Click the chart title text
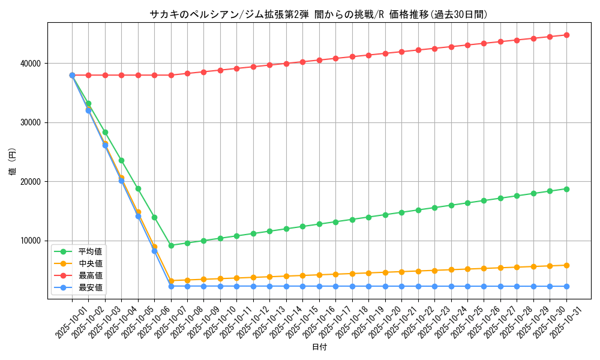coord(318,14)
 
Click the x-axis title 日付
coord(319,347)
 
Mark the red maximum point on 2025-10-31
coord(566,35)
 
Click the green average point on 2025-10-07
coord(171,245)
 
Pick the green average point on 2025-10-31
coord(566,189)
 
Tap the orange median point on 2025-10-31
coord(566,265)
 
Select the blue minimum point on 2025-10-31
coord(566,286)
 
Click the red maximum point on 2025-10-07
coord(171,75)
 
